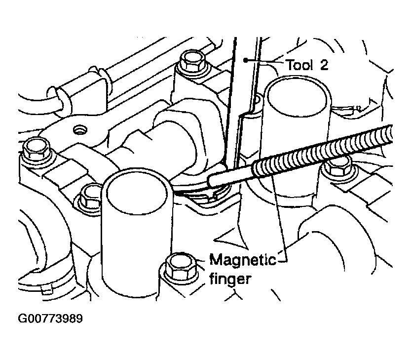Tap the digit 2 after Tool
pos(324,65)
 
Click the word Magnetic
pos(243,260)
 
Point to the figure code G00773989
pos(50,319)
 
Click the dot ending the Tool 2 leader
pos(245,60)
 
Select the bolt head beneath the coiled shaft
pos(337,167)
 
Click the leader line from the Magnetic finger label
pos(279,218)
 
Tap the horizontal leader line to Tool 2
pos(264,62)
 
